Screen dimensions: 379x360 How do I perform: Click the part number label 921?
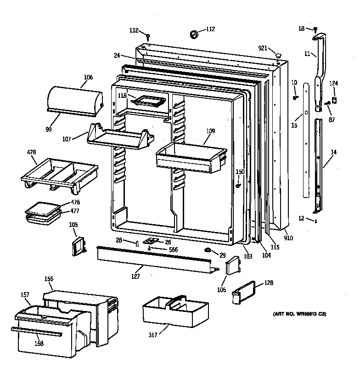(263, 48)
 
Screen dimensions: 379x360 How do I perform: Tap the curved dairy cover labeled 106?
(74, 99)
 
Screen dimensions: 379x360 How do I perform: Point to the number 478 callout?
(31, 151)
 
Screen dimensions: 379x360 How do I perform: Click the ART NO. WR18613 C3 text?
(300, 314)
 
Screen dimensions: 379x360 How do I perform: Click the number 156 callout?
(49, 278)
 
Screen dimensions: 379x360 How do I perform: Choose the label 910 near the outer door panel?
(288, 238)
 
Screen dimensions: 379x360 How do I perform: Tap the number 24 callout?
(117, 56)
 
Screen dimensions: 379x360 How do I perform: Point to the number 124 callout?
(334, 83)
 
